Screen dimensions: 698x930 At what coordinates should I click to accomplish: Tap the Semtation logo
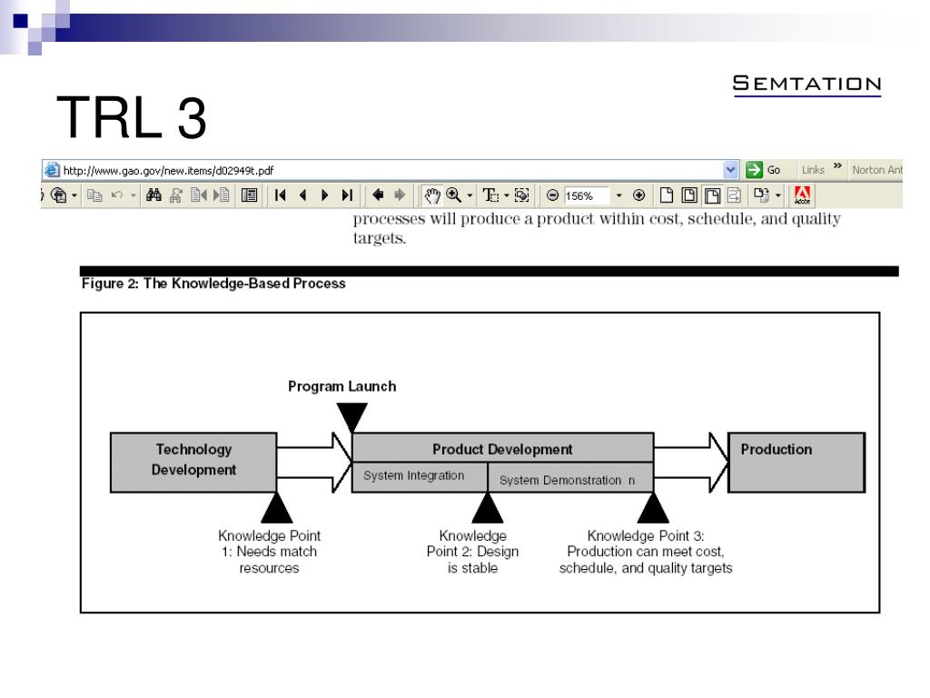coord(806,85)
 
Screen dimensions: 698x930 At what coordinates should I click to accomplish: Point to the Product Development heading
coord(502,449)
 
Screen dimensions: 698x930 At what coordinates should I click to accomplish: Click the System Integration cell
coord(414,475)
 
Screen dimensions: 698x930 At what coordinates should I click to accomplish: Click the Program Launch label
coord(341,385)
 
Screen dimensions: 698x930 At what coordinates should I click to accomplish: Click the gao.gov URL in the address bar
coord(168,170)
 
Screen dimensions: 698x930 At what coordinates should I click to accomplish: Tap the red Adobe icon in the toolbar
coord(802,194)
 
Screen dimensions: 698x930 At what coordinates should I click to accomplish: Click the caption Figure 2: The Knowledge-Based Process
coord(213,284)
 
